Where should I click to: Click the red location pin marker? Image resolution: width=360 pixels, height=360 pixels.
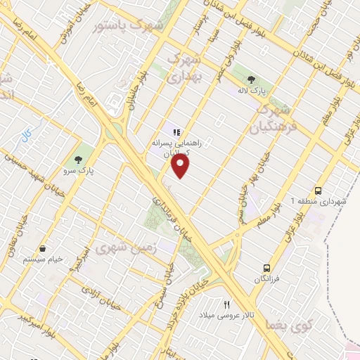pyautogui.click(x=181, y=166)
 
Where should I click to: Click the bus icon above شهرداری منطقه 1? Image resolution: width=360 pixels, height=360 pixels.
pyautogui.click(x=319, y=191)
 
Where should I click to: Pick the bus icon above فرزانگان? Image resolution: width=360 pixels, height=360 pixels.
pyautogui.click(x=267, y=268)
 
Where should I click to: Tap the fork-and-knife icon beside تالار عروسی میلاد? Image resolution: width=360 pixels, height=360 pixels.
pyautogui.click(x=226, y=304)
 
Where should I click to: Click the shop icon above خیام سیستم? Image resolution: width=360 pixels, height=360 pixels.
pyautogui.click(x=43, y=248)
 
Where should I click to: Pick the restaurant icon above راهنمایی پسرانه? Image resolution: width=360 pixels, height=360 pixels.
pyautogui.click(x=176, y=131)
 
